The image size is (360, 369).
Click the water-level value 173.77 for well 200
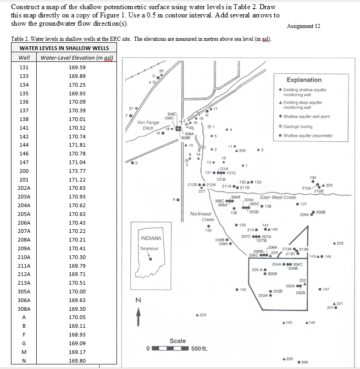pyautogui.click(x=77, y=171)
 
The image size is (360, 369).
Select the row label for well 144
pyautogui.click(x=24, y=145)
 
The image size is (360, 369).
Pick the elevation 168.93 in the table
pyautogui.click(x=77, y=335)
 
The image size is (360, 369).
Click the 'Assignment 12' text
pyautogui.click(x=303, y=26)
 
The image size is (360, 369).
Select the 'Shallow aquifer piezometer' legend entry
pyautogui.click(x=308, y=135)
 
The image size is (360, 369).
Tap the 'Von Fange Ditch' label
pyautogui.click(x=148, y=125)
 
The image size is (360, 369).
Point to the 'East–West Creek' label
pyautogui.click(x=278, y=198)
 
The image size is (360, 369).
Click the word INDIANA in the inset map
pyautogui.click(x=151, y=238)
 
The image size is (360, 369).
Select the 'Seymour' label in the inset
pyautogui.click(x=149, y=248)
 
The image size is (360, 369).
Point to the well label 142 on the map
pyautogui.click(x=243, y=290)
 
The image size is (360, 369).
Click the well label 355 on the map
pyautogui.click(x=242, y=151)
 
